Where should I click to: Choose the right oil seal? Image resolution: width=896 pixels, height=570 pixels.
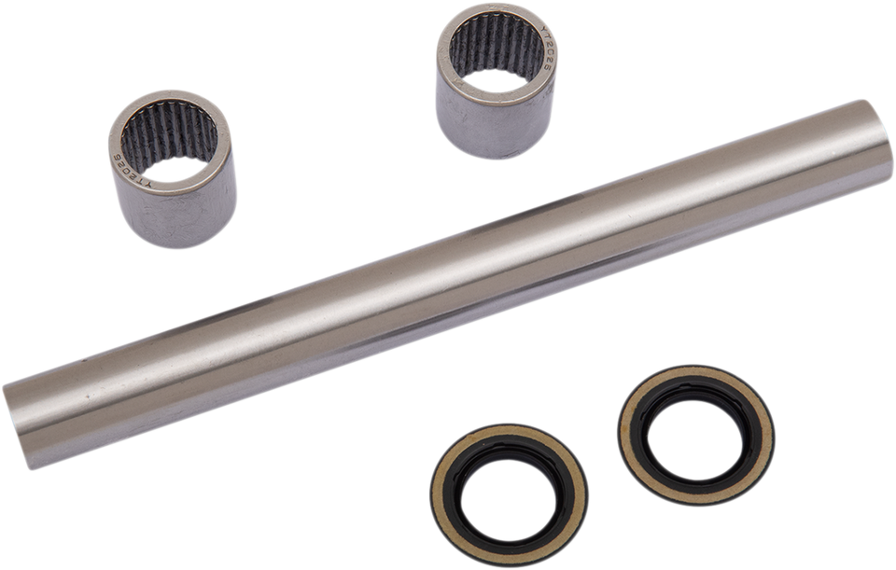click(x=696, y=434)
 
